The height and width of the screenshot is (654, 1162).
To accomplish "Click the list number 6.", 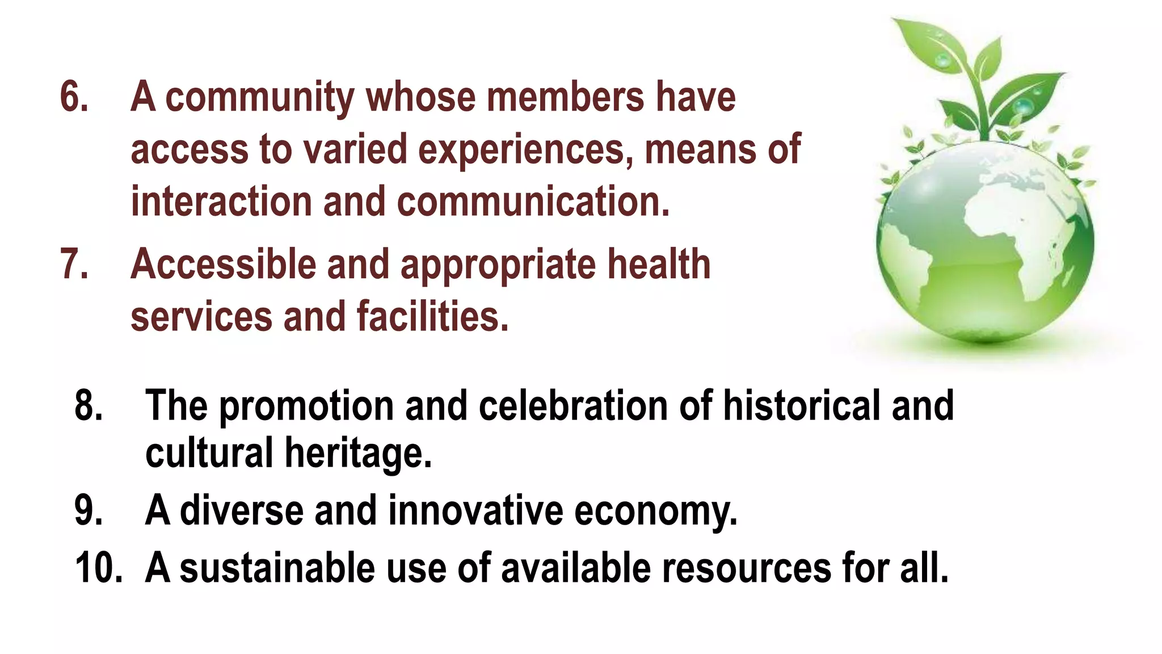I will [x=74, y=97].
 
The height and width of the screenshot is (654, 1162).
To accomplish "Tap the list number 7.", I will [x=74, y=264].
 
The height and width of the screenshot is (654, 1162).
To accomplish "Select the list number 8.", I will [x=89, y=405].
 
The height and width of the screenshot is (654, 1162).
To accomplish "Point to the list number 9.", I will [x=89, y=510].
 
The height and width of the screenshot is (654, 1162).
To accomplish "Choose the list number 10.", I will [x=98, y=567].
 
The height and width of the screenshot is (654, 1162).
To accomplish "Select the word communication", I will [x=533, y=202].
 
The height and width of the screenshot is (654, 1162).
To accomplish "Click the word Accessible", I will [x=223, y=265].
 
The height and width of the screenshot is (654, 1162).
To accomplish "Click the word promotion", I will [x=306, y=406].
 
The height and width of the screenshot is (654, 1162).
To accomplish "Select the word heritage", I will [x=358, y=454].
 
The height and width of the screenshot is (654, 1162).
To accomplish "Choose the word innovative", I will [x=475, y=510].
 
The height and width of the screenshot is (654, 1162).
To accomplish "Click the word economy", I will [x=656, y=511].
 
